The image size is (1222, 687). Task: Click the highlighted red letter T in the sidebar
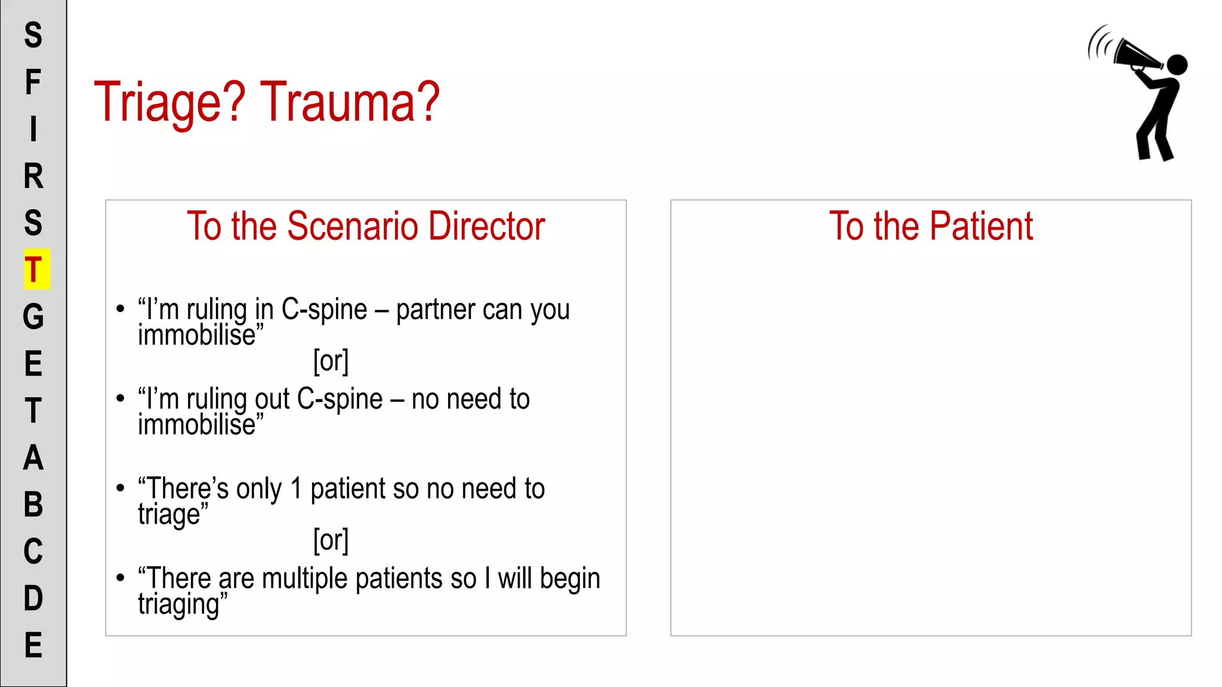click(x=34, y=270)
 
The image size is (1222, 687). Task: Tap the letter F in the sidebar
click(x=33, y=82)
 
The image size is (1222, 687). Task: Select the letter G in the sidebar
click(x=33, y=317)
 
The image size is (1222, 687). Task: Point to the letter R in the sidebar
click(x=33, y=176)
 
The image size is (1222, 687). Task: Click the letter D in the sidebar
click(x=33, y=598)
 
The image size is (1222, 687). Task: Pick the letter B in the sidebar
click(x=33, y=505)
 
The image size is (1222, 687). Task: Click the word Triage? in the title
click(x=170, y=103)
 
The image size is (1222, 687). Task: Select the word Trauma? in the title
click(x=350, y=103)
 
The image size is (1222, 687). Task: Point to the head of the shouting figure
click(x=1177, y=64)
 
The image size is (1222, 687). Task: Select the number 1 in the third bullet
click(x=297, y=489)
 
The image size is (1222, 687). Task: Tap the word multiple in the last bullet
click(x=305, y=578)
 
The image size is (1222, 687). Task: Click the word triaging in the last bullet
click(x=179, y=605)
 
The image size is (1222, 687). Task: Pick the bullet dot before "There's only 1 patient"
click(x=121, y=488)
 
